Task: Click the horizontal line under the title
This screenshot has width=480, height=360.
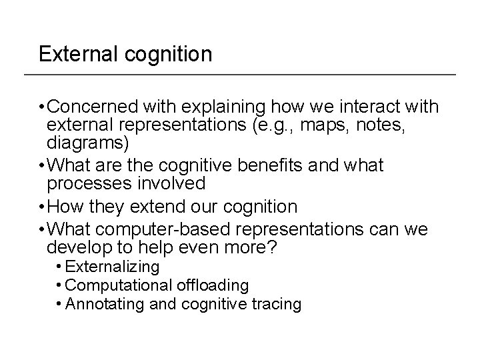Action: coord(247,73)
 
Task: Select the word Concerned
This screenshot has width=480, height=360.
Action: coord(90,107)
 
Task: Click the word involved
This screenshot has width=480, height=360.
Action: coord(172,182)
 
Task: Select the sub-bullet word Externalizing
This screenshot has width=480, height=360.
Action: coord(113,267)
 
